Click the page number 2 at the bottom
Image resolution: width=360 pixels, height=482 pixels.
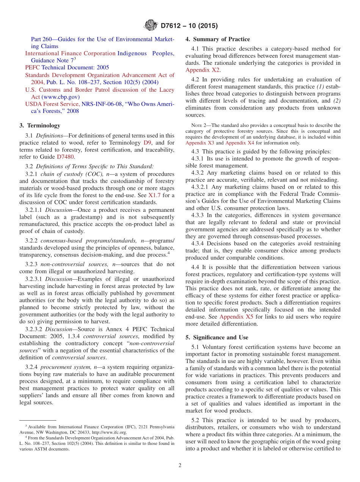(x=180, y=465)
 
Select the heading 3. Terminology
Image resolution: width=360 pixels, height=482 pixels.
(x=40, y=125)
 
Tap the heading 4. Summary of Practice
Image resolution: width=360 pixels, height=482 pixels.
(x=218, y=39)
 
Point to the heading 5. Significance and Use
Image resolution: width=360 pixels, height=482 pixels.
(x=217, y=337)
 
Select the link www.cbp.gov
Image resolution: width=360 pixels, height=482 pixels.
(x=58, y=97)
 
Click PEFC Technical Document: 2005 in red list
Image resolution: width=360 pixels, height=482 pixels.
(x=67, y=67)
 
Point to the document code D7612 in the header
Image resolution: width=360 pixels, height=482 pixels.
(x=172, y=26)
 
